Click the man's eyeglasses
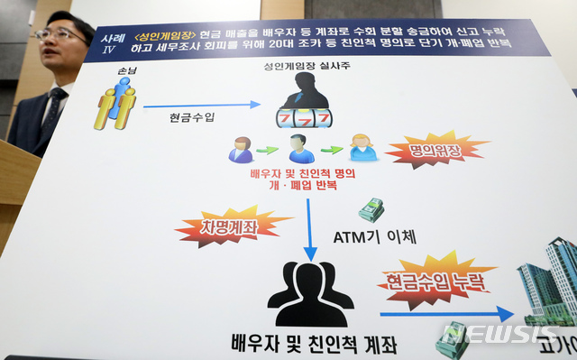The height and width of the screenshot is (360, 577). click(61, 34)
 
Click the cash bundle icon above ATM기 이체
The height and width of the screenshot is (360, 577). click(371, 210)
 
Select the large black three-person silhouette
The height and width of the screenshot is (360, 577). click(309, 293)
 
